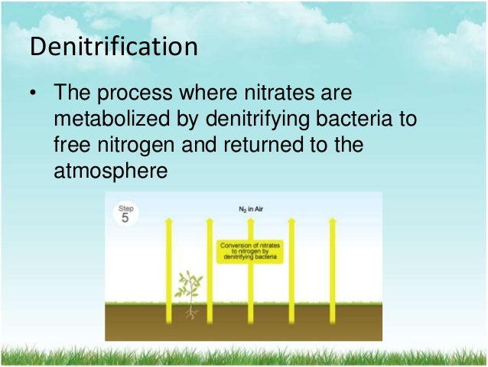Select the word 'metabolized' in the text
tap(112, 120)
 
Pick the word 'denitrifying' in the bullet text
tap(249, 120)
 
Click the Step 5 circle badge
tap(125, 215)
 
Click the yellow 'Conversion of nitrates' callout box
tap(250, 251)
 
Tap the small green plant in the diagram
tap(187, 285)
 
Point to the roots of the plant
tap(190, 312)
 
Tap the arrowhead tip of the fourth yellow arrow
tap(291, 221)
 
